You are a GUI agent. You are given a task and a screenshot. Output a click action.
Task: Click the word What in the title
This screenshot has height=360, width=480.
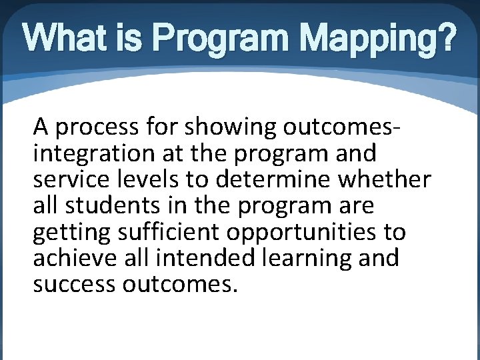point(62,41)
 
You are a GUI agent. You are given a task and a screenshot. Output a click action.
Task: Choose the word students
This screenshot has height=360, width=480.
point(105,205)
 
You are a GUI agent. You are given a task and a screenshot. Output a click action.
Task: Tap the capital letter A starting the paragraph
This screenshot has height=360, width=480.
point(41,126)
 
